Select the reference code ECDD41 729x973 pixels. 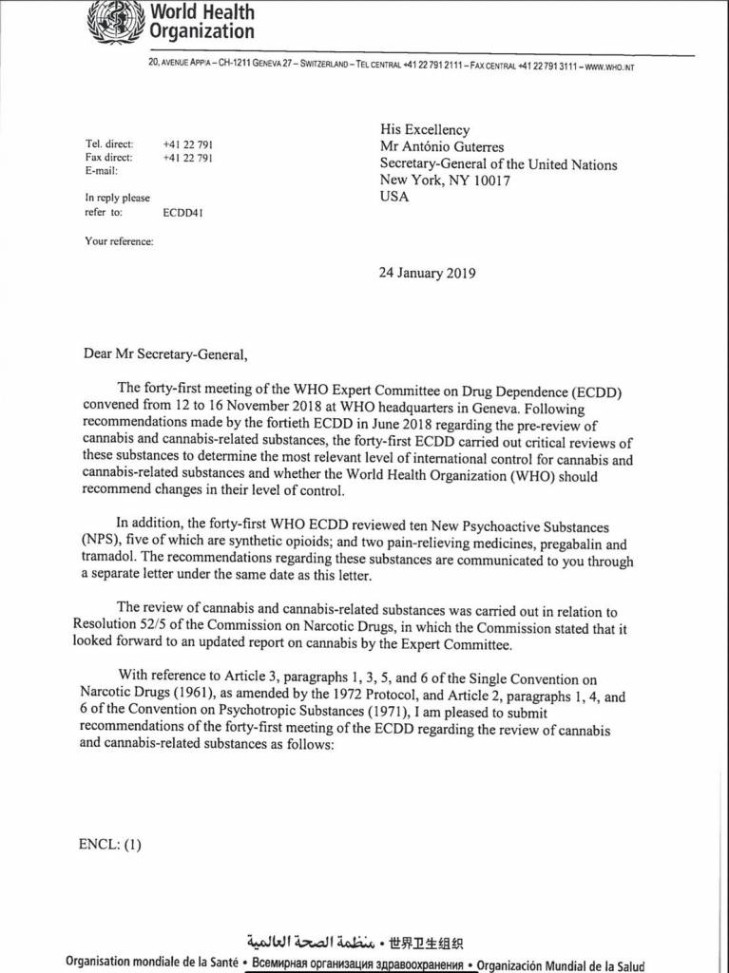tap(182, 213)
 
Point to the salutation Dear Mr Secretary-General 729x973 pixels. tap(157, 356)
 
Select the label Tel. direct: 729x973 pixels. tap(109, 143)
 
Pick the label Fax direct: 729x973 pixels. tap(109, 157)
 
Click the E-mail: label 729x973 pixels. tap(101, 171)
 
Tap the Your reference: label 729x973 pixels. tap(119, 241)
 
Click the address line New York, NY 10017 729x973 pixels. tap(445, 181)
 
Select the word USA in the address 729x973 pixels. tap(394, 197)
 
